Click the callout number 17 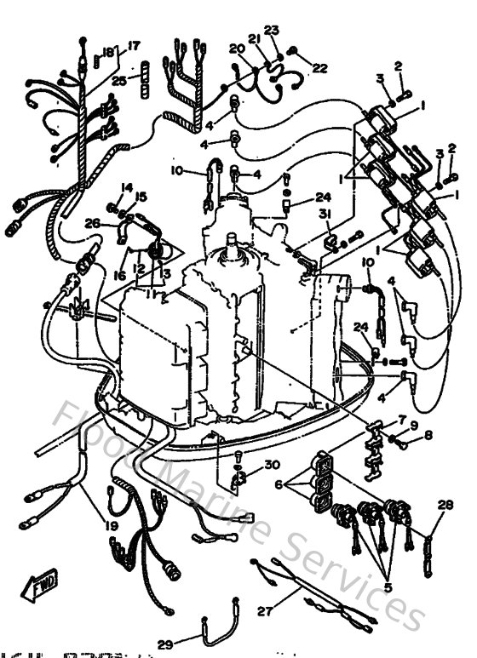(x=134, y=45)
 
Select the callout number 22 (x=319, y=68)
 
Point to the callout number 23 (x=272, y=30)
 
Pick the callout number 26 (x=93, y=224)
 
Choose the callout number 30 (x=272, y=465)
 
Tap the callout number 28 (x=443, y=505)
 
